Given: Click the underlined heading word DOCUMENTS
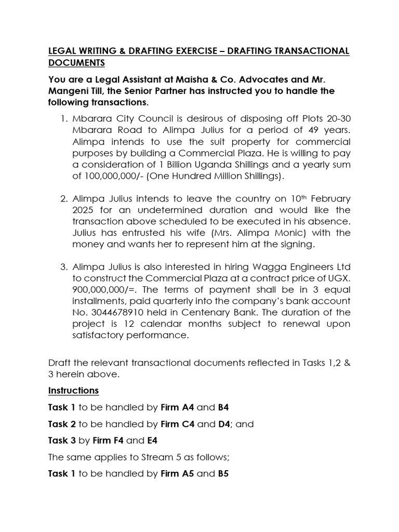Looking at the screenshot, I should click(76, 63).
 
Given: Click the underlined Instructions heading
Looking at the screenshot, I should click(73, 390).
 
